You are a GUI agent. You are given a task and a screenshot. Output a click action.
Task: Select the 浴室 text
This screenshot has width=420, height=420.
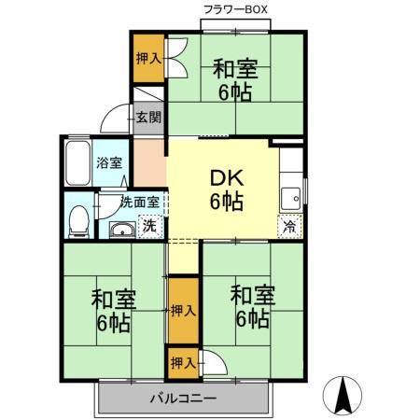[109, 163]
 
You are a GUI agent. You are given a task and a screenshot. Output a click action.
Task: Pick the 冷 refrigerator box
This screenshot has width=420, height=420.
[289, 226]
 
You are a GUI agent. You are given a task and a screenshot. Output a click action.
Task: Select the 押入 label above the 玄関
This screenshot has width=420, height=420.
[148, 58]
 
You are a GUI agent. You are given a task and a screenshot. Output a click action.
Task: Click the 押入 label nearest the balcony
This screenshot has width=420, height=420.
[183, 361]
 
